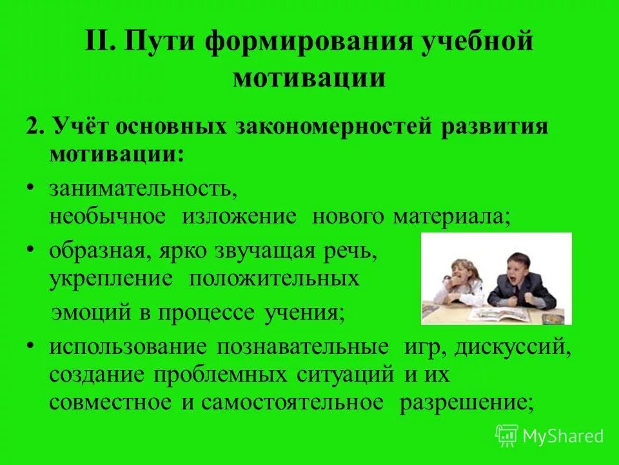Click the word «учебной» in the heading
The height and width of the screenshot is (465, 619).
(478, 45)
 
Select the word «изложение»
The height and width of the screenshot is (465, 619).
(239, 216)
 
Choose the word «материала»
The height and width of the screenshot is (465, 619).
(451, 216)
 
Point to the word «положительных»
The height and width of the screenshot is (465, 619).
(274, 279)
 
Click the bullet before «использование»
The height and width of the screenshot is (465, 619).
(32, 345)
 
